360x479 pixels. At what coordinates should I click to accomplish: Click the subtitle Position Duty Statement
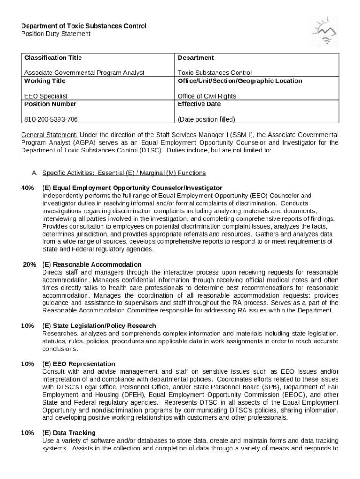point(56,34)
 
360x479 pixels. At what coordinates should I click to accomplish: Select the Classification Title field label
point(53,58)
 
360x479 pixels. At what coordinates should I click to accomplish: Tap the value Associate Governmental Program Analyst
point(84,73)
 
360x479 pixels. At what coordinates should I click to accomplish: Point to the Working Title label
point(45,81)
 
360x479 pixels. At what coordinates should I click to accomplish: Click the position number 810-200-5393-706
point(51,119)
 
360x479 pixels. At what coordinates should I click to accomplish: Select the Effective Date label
point(199,104)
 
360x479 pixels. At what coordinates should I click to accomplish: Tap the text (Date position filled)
point(206,119)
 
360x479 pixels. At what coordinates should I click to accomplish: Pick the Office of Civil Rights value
point(207,96)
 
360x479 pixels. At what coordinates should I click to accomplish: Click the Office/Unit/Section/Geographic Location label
point(239,81)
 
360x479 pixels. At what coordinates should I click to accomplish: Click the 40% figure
point(27,188)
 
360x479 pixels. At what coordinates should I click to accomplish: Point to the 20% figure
point(29,264)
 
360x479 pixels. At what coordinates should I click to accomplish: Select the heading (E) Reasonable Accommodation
point(92,264)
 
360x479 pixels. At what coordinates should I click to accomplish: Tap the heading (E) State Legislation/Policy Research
point(99,326)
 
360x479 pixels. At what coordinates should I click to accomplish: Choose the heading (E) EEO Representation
point(79,364)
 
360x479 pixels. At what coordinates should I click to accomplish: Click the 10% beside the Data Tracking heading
point(27,433)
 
